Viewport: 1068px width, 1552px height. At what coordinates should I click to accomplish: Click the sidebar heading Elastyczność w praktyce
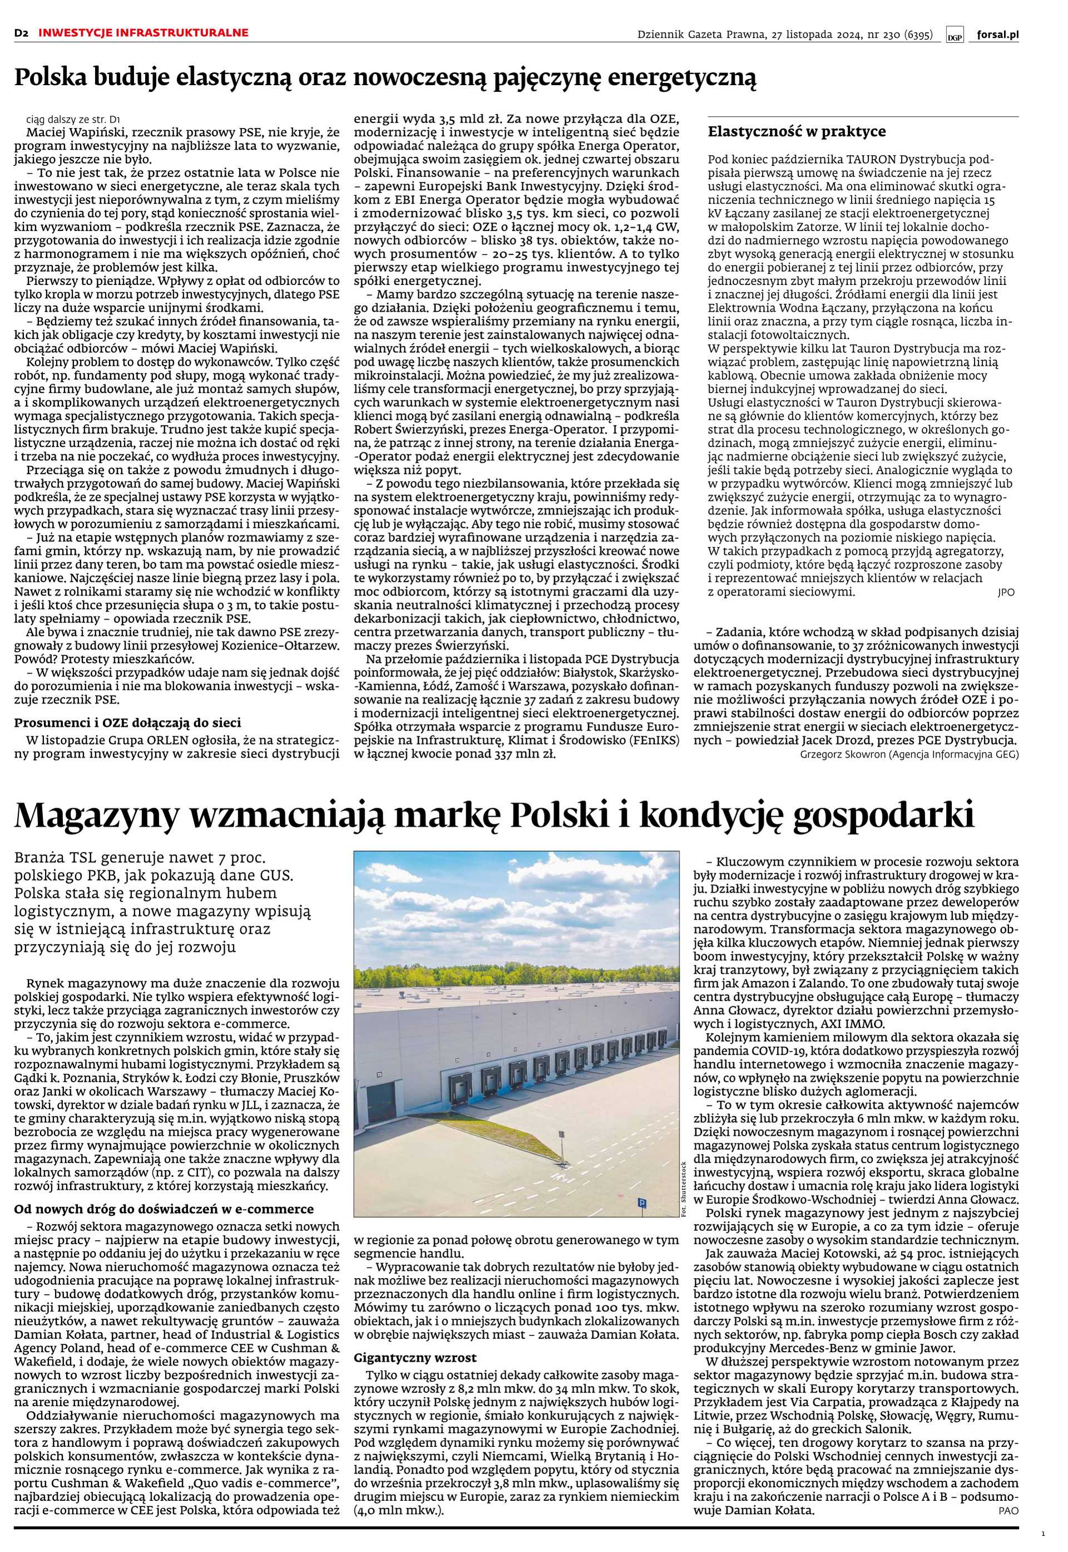(x=797, y=131)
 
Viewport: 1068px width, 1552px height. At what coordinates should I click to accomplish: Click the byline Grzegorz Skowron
(x=843, y=755)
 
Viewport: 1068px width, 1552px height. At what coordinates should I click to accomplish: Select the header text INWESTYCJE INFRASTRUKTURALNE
(x=143, y=33)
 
